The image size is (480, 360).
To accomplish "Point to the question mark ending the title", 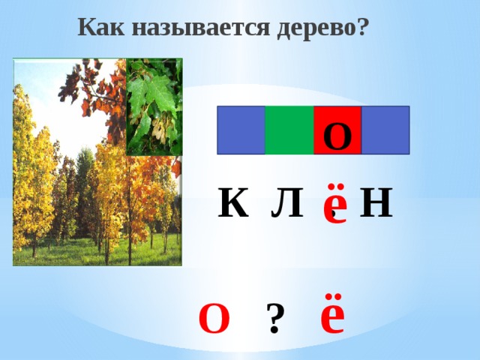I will pos(361,28).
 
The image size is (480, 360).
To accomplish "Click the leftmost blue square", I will pos(241,130).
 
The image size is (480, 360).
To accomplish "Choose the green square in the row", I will pos(289,130).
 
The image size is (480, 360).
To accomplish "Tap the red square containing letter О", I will pos(337,130).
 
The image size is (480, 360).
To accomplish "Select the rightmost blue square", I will pos(385,130).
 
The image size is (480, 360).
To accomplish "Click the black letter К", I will pos(233,202).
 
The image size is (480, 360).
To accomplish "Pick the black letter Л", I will pos(287,202).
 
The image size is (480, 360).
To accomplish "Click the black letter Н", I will pos(376,202).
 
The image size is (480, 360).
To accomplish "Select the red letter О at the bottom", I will pos(214,319).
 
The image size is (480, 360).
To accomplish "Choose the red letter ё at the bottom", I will pos(332,316).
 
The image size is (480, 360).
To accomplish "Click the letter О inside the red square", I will pos(337,135).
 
